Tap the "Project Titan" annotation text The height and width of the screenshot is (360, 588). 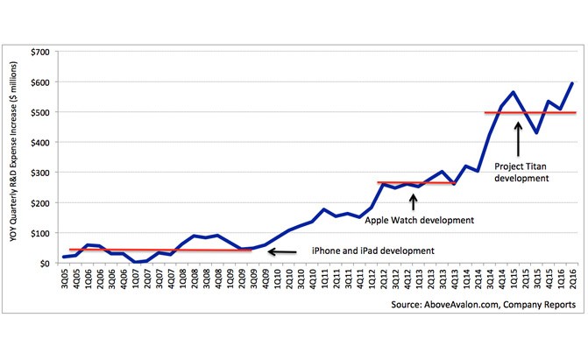[524, 171]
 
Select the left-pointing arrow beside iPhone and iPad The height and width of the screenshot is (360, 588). [282, 252]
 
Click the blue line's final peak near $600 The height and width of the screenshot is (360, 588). [571, 83]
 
